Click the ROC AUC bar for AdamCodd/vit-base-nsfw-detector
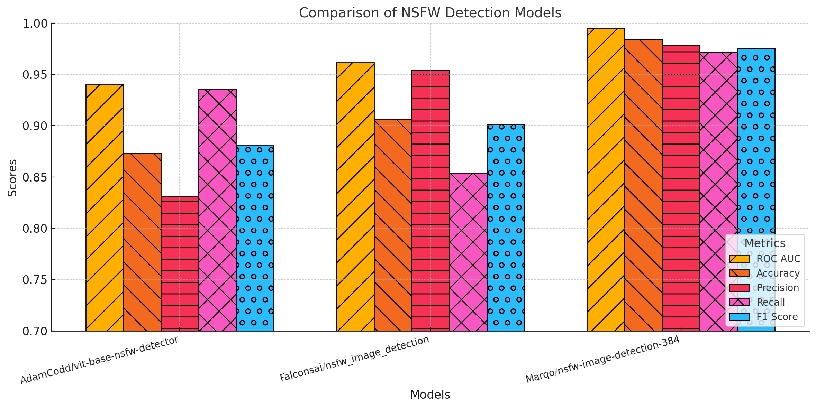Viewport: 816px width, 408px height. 105,207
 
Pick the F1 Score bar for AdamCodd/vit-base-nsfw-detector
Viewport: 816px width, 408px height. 255,238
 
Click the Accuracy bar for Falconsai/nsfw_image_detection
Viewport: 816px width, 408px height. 393,225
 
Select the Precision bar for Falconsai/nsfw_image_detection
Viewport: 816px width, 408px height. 430,201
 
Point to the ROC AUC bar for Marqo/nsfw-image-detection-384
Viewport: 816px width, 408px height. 606,179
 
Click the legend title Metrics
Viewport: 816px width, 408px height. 765,243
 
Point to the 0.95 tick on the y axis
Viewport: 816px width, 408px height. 35,75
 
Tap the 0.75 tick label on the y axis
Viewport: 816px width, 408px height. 35,280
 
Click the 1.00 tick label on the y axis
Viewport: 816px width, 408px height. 35,24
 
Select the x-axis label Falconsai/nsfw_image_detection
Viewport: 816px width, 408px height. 355,359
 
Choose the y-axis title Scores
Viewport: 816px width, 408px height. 12,178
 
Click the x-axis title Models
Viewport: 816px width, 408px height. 430,395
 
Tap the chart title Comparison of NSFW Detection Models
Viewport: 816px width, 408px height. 430,13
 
